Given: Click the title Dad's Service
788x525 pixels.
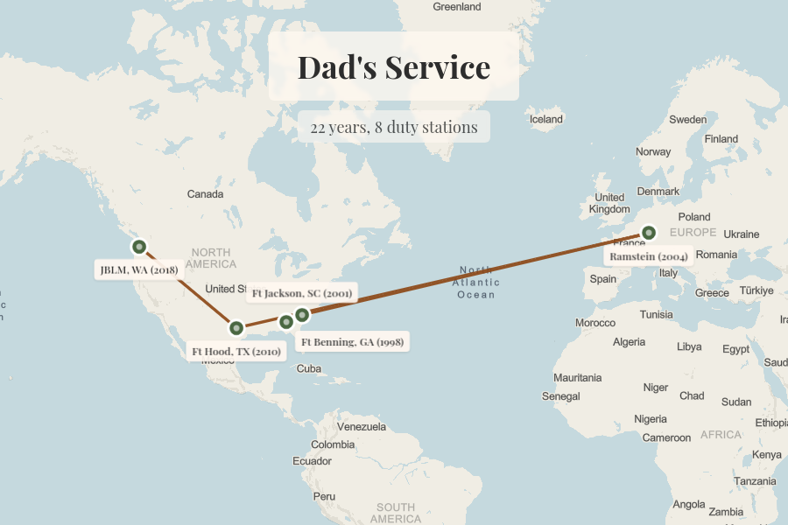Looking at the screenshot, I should point(393,67).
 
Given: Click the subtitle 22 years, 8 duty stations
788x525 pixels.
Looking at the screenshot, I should point(393,127).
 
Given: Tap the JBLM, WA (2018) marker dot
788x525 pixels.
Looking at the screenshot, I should point(138,247).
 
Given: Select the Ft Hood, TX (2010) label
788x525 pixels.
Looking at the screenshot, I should point(236,352).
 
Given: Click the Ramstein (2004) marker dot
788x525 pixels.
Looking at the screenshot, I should point(648,233).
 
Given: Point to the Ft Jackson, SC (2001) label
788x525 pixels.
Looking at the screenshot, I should point(302,293).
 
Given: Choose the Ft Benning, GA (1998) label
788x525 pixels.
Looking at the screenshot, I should point(352,341).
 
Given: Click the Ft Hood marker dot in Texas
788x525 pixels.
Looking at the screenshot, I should point(236,328).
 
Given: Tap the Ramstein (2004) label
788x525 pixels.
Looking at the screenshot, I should point(648,256).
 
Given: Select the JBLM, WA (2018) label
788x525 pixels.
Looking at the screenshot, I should point(138,270).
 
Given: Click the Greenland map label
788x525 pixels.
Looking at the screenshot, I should point(456,7).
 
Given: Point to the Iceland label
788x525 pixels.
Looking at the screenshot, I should point(546,119).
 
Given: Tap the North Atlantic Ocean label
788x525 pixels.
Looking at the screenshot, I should point(476,282).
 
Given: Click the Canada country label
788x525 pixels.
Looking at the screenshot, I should point(206,193).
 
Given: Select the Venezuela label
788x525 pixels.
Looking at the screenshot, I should point(361,427).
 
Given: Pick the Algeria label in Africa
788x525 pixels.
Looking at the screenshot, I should point(629,342).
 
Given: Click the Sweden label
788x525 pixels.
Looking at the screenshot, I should point(687,119).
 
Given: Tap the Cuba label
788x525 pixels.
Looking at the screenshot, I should point(309,368).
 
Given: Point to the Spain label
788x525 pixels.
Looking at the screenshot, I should point(603,279).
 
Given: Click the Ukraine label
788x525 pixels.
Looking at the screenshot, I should point(741,234).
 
